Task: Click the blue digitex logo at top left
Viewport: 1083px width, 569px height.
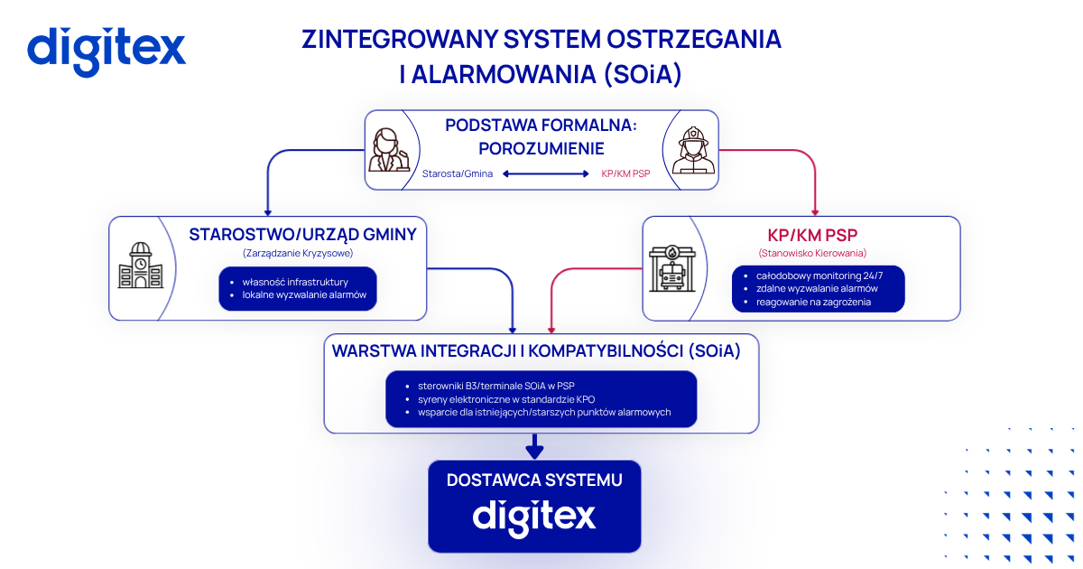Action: click(x=106, y=51)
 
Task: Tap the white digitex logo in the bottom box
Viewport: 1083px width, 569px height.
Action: click(x=534, y=518)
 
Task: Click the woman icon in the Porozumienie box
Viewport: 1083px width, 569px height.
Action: click(x=389, y=150)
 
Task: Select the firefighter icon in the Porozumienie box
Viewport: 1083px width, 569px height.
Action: click(x=693, y=150)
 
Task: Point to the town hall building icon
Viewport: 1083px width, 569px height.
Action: click(x=141, y=266)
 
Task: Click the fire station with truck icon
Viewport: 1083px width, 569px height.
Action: click(x=672, y=268)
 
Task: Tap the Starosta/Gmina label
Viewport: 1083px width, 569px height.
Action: click(x=458, y=173)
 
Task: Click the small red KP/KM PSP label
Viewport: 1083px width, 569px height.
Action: click(x=625, y=173)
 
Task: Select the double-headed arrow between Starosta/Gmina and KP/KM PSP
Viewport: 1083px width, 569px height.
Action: click(x=546, y=173)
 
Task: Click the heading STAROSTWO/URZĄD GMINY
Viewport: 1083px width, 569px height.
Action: click(x=302, y=235)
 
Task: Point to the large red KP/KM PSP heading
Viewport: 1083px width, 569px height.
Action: click(x=812, y=235)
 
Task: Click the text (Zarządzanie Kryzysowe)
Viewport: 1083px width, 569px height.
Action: click(x=298, y=253)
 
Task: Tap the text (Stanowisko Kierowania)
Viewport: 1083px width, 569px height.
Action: click(x=812, y=253)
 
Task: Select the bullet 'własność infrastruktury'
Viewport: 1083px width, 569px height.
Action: click(x=295, y=282)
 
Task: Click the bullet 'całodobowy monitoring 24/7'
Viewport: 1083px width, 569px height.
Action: click(x=819, y=275)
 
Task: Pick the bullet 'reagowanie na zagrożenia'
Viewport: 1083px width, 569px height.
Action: click(x=813, y=302)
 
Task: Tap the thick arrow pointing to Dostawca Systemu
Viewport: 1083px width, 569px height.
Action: click(x=534, y=446)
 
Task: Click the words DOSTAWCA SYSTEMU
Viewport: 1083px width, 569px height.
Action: click(x=534, y=480)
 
